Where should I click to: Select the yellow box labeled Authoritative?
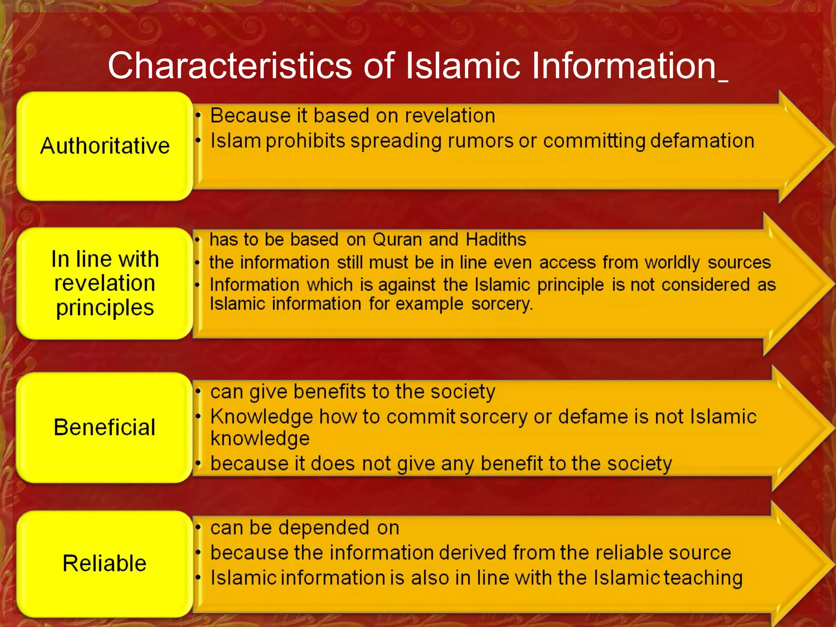(x=104, y=146)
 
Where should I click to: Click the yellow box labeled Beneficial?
(x=104, y=427)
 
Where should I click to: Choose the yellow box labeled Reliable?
(x=104, y=563)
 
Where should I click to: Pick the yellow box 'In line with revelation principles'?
(x=104, y=283)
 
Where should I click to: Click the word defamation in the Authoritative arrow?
(x=702, y=141)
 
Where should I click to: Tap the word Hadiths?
(x=496, y=240)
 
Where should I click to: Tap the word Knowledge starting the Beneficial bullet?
(x=262, y=417)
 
